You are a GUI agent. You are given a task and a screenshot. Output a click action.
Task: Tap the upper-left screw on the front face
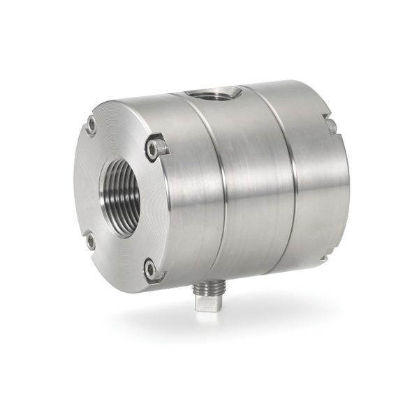[91, 127]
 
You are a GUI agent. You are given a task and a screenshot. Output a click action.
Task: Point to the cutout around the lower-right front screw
[155, 268]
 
